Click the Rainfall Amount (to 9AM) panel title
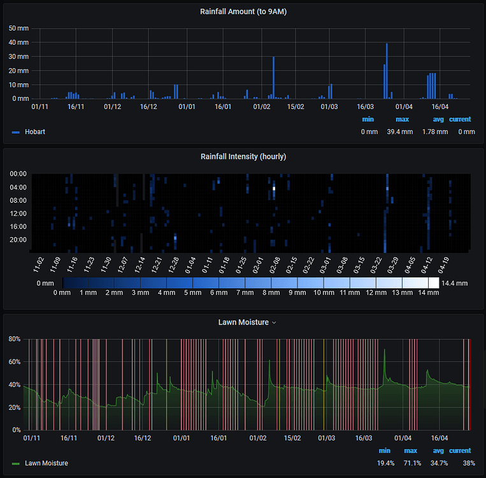point(243,11)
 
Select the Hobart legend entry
point(35,132)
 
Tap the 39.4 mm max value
point(400,132)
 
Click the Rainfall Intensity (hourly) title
point(243,156)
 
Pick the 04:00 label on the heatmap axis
point(18,187)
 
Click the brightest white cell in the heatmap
point(274,188)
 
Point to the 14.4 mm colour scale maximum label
point(455,282)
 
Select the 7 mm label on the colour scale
point(245,293)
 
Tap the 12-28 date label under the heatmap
point(174,263)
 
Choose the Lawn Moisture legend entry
point(46,463)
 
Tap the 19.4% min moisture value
point(385,463)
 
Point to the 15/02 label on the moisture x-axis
point(292,438)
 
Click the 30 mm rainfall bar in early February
point(273,78)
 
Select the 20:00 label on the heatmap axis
point(18,240)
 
